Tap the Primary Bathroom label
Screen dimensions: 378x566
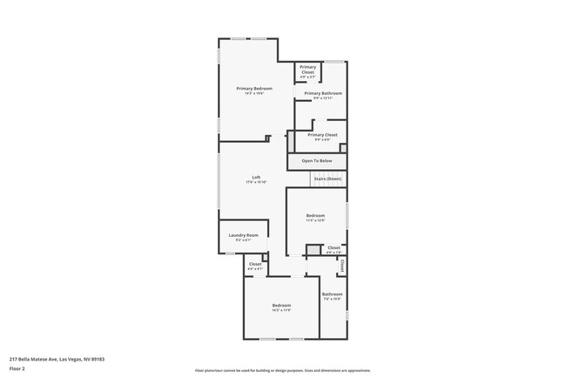tap(322, 93)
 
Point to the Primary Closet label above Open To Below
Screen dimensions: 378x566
tap(322, 135)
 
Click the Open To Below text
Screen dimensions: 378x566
tap(317, 161)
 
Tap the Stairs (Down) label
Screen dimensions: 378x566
tap(327, 179)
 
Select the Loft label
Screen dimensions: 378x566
tap(256, 178)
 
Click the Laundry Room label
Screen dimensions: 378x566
tap(243, 235)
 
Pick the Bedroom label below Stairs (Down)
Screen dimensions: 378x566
tap(315, 215)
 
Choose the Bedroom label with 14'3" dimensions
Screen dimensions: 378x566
tap(280, 305)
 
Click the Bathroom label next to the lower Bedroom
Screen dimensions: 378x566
tap(333, 294)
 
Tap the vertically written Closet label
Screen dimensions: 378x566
tap(342, 265)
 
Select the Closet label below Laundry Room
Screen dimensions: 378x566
tap(255, 264)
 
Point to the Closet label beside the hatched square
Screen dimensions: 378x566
tap(334, 247)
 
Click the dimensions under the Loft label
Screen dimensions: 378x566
tap(256, 183)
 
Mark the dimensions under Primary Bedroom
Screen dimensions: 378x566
tap(254, 94)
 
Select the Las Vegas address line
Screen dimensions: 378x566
tap(51, 357)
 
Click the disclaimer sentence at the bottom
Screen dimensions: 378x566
tap(283, 370)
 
